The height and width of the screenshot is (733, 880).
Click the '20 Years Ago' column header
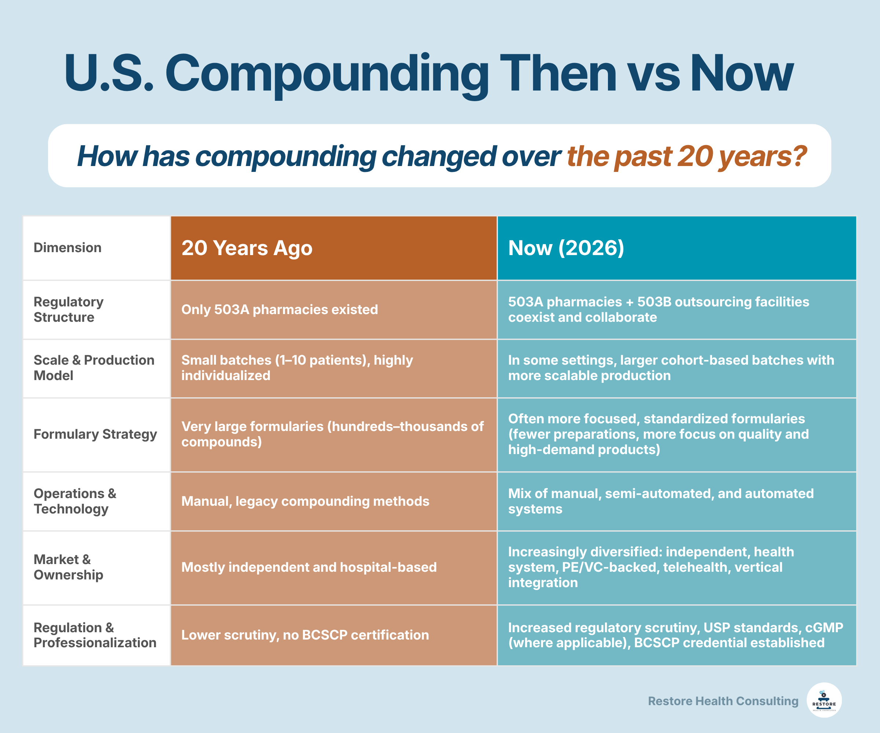[247, 248]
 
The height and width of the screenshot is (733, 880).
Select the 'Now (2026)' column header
[566, 248]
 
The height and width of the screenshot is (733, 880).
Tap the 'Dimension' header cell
[67, 247]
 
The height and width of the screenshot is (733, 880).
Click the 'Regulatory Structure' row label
[68, 310]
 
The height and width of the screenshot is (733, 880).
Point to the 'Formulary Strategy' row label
[95, 434]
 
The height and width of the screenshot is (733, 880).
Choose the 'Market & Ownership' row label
[68, 567]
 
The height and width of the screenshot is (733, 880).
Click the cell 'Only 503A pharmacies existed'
[279, 310]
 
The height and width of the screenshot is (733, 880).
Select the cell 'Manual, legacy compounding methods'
[305, 501]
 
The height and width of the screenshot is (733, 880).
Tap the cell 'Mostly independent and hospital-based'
[309, 567]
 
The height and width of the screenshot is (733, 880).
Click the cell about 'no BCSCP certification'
[305, 635]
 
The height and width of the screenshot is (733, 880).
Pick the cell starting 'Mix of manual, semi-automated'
[660, 501]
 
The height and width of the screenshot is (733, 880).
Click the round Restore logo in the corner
[824, 700]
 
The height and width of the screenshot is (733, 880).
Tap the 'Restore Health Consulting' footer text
[723, 701]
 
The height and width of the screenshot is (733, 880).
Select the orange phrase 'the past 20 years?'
[686, 156]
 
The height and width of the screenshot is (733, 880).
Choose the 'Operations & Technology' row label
[74, 501]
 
